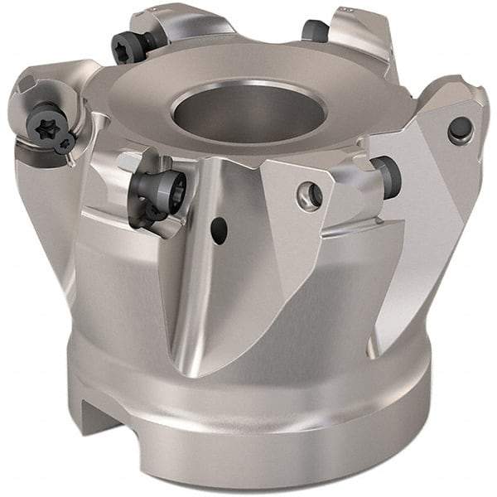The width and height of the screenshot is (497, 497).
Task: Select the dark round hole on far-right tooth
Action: [458, 129]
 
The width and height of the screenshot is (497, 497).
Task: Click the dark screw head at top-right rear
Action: [316, 31]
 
